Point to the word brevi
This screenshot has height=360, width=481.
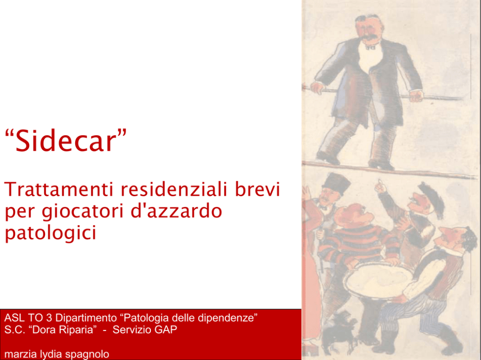257,189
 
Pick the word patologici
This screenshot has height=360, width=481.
50,233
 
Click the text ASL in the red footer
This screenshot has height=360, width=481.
15,318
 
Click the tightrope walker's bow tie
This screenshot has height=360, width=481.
370,47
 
